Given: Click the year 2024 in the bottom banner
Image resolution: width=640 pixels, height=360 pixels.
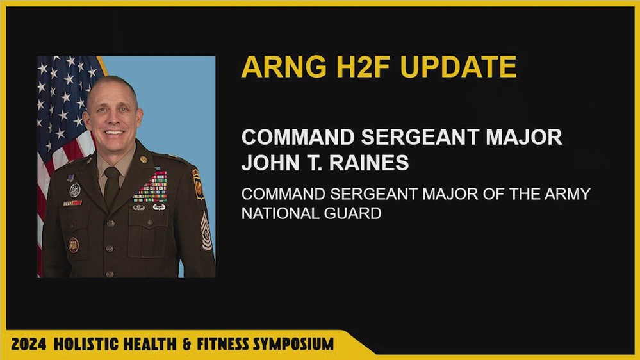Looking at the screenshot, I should [x=28, y=343].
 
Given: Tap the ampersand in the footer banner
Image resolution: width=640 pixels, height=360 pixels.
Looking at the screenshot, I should [x=186, y=343].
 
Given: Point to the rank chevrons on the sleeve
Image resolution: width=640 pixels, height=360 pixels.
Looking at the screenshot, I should [x=206, y=231].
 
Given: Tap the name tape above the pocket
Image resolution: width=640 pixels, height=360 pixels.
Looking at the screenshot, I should [x=72, y=203].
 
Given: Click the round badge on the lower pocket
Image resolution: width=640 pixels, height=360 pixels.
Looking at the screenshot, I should [x=74, y=244].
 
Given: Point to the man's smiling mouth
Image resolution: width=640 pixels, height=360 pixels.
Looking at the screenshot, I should [x=114, y=133].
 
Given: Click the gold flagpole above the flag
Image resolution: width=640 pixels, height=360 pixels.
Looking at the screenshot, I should [x=101, y=65].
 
